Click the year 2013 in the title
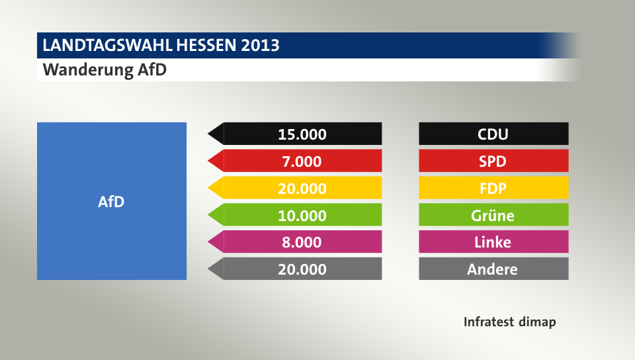(x=260, y=46)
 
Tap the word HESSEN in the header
(x=208, y=46)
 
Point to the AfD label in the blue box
(x=111, y=202)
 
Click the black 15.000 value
(x=302, y=134)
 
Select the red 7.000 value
(x=302, y=161)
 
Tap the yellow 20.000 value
(x=302, y=189)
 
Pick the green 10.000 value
(x=302, y=215)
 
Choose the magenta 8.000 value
(x=302, y=242)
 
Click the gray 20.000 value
(x=302, y=269)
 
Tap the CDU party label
(x=493, y=134)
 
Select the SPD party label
(x=493, y=161)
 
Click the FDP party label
(x=493, y=189)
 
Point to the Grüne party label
(x=493, y=215)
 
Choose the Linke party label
(x=493, y=242)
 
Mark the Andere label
(x=493, y=269)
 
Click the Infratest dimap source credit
(x=509, y=322)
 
